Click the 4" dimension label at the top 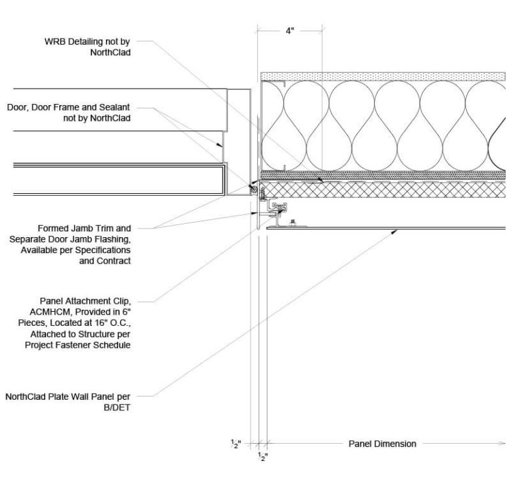[289, 31]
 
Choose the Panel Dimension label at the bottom [382, 444]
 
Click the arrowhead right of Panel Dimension [501, 443]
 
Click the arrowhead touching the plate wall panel [396, 231]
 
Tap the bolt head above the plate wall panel [291, 222]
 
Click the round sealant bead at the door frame [253, 190]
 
